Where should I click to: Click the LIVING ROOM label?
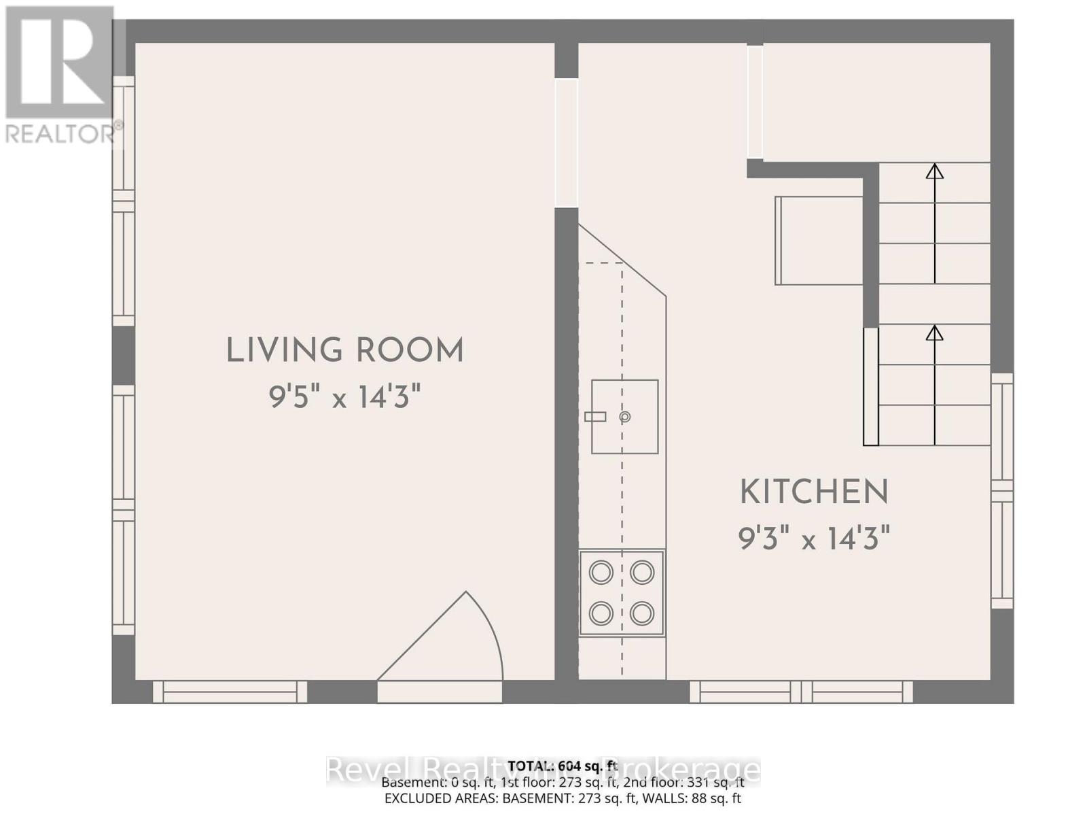tap(344, 351)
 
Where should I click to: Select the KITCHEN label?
tap(814, 492)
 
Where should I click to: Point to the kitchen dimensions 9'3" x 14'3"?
tap(814, 539)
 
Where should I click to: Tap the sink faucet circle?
tap(624, 417)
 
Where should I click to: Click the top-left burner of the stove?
tap(601, 573)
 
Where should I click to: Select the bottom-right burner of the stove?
tap(642, 614)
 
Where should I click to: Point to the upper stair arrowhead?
tap(935, 171)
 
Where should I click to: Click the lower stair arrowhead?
tap(935, 333)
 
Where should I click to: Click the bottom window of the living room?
tap(230, 692)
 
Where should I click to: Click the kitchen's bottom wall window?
tap(801, 692)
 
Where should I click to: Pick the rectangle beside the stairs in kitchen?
tap(819, 241)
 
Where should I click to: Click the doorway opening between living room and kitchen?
tap(566, 143)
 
